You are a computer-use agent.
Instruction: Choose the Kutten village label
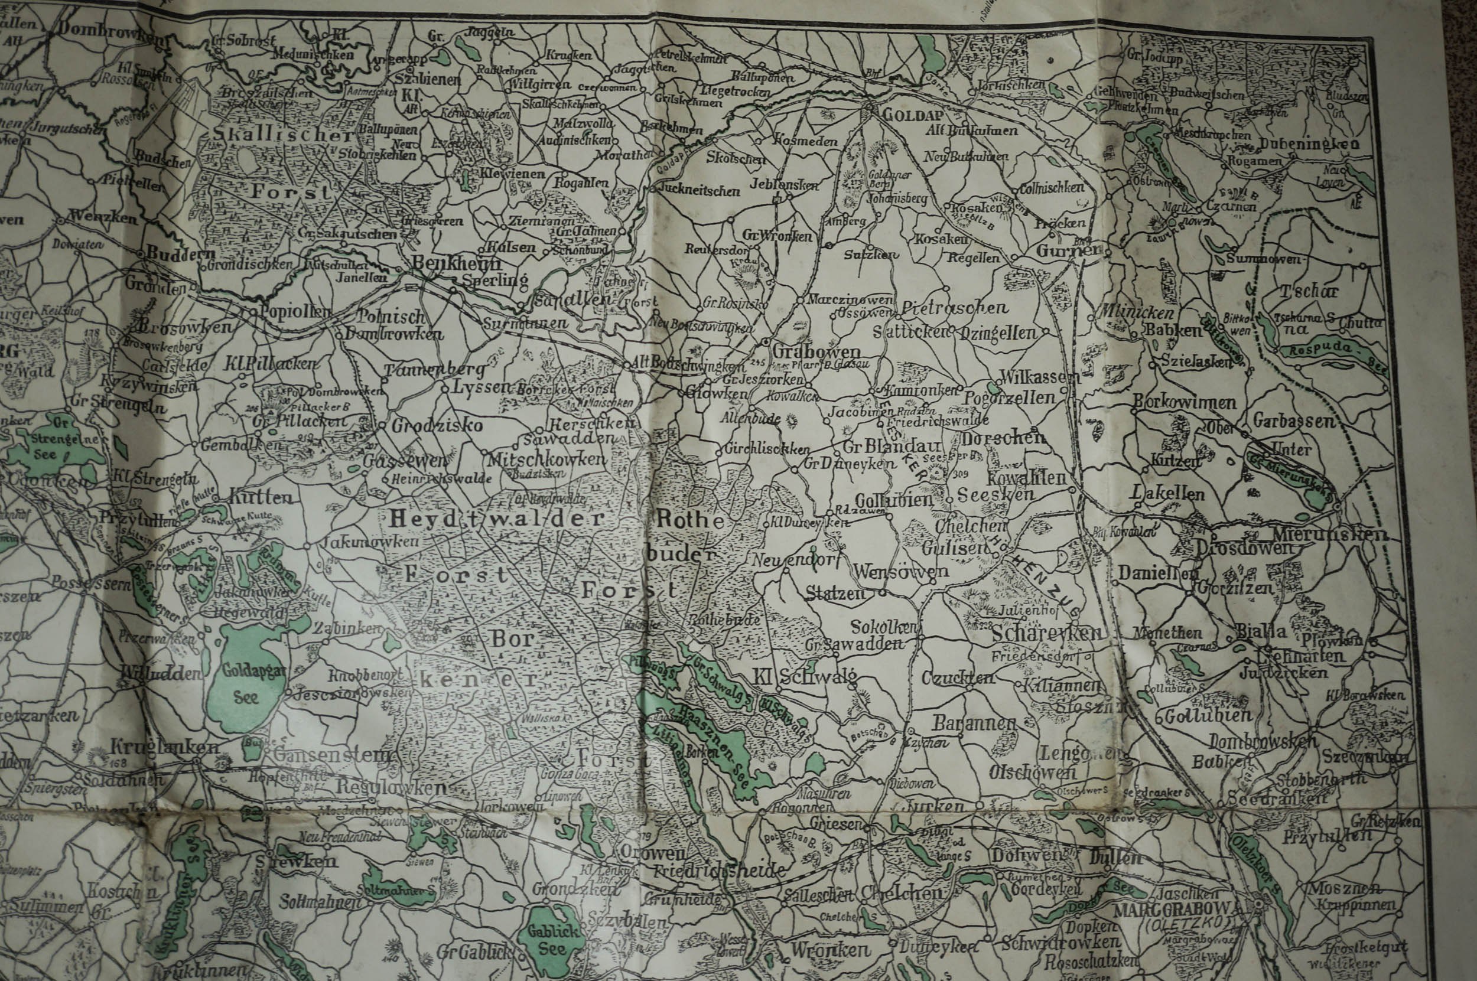click(x=261, y=498)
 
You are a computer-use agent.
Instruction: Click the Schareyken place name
click(x=1046, y=633)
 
